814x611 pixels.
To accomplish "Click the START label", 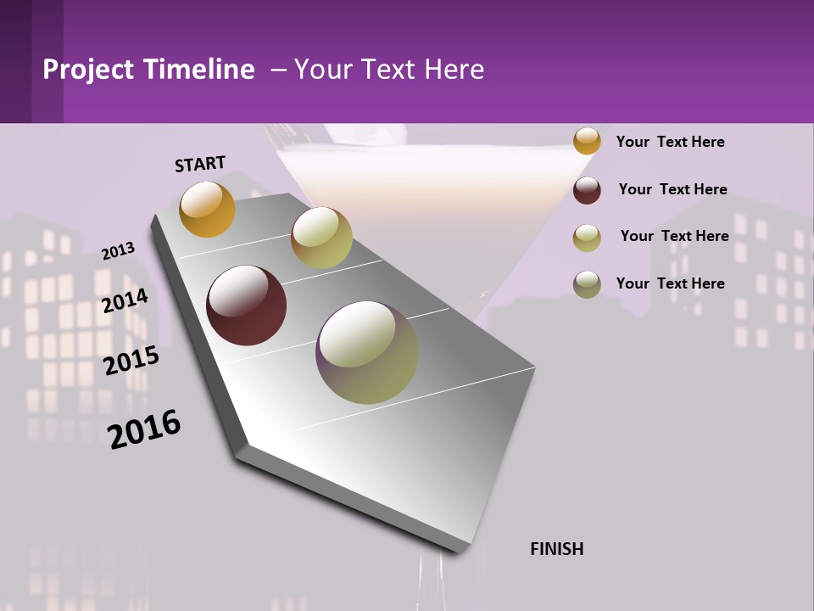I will [200, 163].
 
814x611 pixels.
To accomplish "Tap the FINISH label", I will [556, 549].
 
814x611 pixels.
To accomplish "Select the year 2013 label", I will [118, 250].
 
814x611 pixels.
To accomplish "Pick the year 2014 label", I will [125, 300].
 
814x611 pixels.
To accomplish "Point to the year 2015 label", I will [131, 361].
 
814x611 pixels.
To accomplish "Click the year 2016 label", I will [144, 429].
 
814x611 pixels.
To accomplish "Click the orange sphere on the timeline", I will [207, 209].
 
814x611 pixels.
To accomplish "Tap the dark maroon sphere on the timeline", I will [247, 305].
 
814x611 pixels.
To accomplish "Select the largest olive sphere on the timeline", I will [367, 352].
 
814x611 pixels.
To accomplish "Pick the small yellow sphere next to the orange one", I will [321, 238].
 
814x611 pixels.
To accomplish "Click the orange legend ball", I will [587, 141].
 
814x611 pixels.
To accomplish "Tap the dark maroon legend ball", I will [587, 190].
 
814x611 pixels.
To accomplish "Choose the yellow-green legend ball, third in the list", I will [587, 238].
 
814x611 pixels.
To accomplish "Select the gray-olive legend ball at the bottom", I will [587, 284].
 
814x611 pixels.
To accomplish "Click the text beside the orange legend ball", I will [670, 142].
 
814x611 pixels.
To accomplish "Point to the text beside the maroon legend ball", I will [672, 189].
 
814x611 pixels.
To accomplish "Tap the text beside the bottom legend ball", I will [670, 283].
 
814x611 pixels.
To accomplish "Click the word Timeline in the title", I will [198, 70].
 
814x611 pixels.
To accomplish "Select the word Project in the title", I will [88, 70].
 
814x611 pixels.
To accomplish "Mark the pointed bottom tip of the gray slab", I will [459, 552].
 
